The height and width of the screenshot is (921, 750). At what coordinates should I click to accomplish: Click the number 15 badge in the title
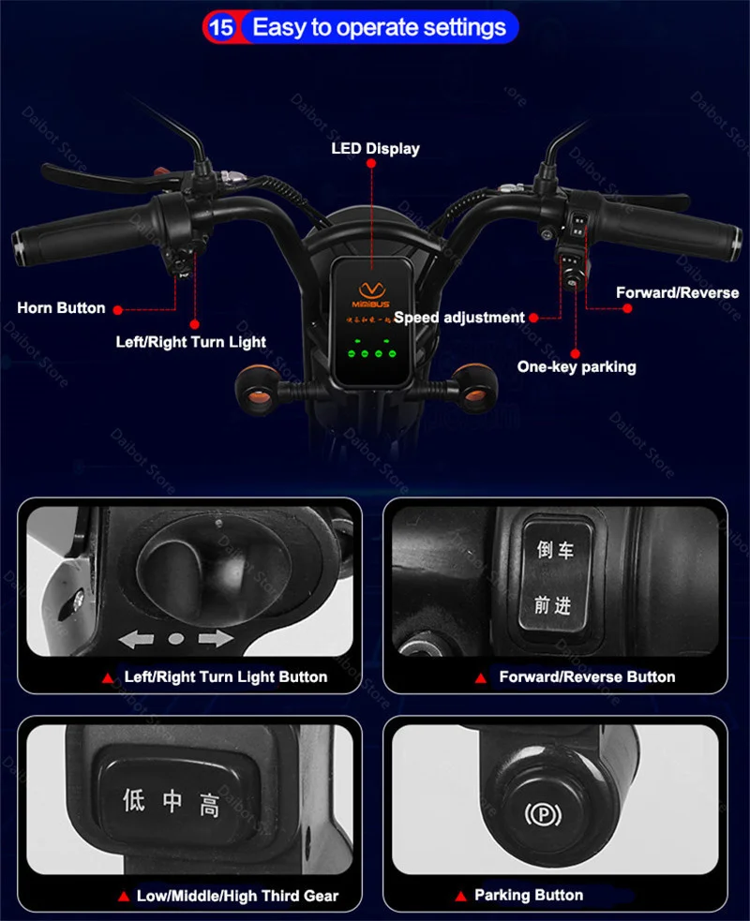[x=221, y=26]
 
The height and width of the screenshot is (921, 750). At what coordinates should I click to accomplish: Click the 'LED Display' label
[x=375, y=148]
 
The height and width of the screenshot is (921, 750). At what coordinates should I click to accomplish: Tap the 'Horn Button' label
[x=61, y=307]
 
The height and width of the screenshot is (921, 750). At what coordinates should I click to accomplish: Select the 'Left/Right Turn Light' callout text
[x=190, y=342]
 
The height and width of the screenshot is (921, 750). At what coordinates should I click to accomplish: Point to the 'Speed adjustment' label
[x=458, y=318]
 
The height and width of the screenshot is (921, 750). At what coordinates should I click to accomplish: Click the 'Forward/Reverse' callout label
[x=677, y=293]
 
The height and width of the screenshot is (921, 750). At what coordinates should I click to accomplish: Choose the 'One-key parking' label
[x=576, y=366]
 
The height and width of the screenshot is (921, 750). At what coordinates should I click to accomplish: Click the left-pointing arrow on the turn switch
[x=136, y=640]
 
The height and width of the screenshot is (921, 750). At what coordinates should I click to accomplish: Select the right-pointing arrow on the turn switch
[x=215, y=640]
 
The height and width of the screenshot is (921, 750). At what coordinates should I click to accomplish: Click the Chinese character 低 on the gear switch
[x=134, y=799]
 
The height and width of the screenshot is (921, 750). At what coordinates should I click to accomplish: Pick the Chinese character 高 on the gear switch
[x=209, y=802]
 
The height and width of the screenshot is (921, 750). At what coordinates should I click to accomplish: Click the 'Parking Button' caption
[x=529, y=895]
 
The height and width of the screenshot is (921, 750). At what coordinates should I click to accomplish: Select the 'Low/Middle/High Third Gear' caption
[x=237, y=896]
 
